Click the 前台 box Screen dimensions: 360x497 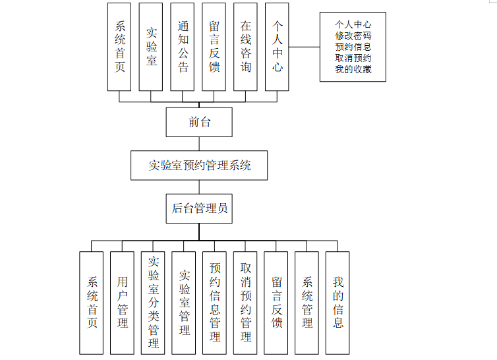pos(199,122)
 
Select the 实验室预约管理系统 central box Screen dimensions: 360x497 pos(199,165)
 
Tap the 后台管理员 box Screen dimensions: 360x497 pos(199,208)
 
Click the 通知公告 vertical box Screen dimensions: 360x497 pos(183,46)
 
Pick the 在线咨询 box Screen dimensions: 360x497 pos(246,46)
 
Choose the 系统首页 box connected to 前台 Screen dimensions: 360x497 pos(119,46)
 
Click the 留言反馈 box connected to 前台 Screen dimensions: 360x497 pos(214,46)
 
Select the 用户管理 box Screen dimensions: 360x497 pos(122,303)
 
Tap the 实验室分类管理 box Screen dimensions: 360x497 pos(153,303)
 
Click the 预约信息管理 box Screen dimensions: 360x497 pos(214,303)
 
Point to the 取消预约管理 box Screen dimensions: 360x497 pos(245,303)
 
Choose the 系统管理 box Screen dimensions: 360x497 pos(307,303)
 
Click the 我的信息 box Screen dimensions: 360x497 pos(337,303)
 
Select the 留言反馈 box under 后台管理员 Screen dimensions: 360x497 pos(276,303)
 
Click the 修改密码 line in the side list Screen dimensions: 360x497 pos(353,36)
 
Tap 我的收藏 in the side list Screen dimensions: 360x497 pos(353,69)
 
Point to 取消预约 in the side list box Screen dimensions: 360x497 pos(353,58)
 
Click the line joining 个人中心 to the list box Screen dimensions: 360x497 pos(305,47)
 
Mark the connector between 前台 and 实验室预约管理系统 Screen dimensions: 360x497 pos(199,144)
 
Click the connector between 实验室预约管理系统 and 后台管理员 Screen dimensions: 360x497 pos(199,187)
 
